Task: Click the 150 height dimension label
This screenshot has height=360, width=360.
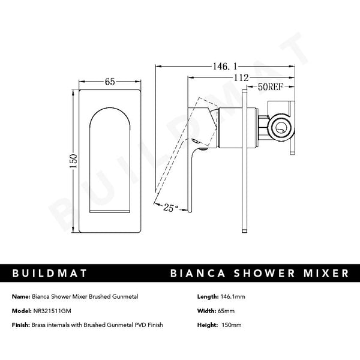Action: [73, 161]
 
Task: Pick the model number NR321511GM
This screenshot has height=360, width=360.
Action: [59, 311]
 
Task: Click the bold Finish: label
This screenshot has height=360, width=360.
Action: [21, 325]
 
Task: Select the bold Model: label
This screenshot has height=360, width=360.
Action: [22, 311]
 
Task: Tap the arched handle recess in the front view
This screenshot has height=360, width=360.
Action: [110, 156]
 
